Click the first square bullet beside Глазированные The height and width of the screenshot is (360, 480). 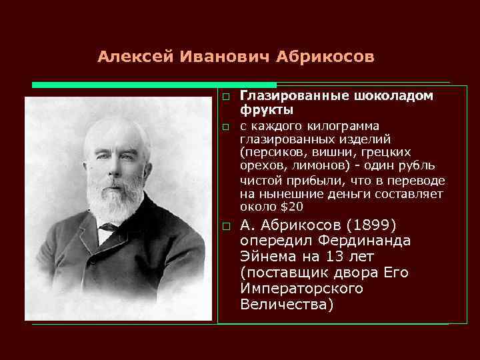(226, 97)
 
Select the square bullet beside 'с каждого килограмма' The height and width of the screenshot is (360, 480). (226, 127)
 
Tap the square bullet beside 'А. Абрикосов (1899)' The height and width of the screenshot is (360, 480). (226, 226)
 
